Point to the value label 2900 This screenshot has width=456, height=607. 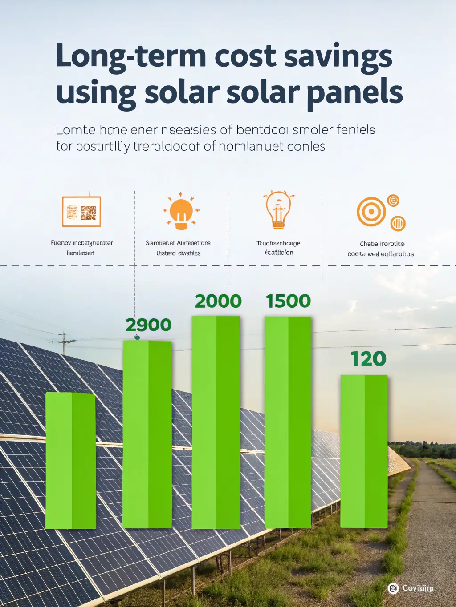pyautogui.click(x=148, y=325)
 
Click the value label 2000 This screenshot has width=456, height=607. pyautogui.click(x=218, y=301)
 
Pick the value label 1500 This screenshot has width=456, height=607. pyautogui.click(x=288, y=301)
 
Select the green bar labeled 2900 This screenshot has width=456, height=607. pyautogui.click(x=147, y=434)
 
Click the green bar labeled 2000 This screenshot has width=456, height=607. pyautogui.click(x=216, y=422)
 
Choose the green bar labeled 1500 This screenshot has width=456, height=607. pyautogui.click(x=288, y=422)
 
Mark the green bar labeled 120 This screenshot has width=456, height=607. pyautogui.click(x=364, y=451)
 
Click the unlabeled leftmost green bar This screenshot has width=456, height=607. pyautogui.click(x=71, y=460)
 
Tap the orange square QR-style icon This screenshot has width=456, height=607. pyautogui.click(x=81, y=212)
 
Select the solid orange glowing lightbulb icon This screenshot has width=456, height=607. pyautogui.click(x=181, y=212)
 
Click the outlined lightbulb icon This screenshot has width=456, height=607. pyautogui.click(x=278, y=210)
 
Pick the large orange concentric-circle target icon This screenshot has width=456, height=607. pyautogui.click(x=371, y=212)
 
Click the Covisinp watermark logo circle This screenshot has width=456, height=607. pyautogui.click(x=393, y=588)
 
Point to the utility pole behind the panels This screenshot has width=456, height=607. pyautogui.click(x=64, y=343)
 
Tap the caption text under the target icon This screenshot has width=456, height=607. pyautogui.click(x=381, y=249)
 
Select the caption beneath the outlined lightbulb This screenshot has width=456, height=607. pyautogui.click(x=279, y=248)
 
